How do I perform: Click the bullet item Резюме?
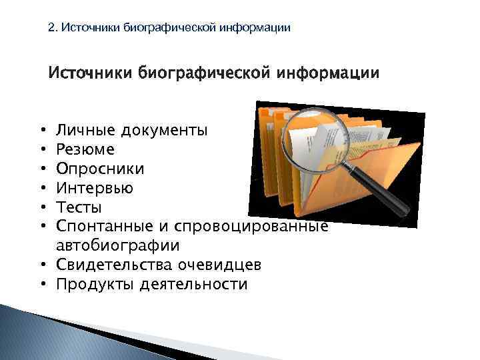click(85, 149)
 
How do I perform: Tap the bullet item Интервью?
click(95, 188)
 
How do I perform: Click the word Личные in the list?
click(85, 130)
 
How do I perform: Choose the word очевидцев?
click(219, 265)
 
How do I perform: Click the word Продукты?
click(95, 285)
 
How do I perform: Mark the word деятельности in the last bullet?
click(193, 285)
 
